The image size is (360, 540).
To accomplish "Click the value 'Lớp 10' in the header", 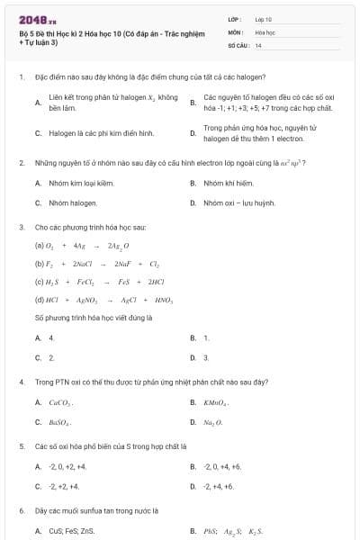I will click(x=264, y=18).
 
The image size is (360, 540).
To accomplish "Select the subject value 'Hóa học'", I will click(x=265, y=31).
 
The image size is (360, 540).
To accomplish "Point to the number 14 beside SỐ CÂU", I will click(x=258, y=45).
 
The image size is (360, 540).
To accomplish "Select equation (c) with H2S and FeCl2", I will click(x=86, y=282).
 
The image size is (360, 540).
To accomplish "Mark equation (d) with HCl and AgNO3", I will click(x=88, y=300).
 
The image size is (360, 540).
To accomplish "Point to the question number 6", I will click(x=21, y=511).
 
